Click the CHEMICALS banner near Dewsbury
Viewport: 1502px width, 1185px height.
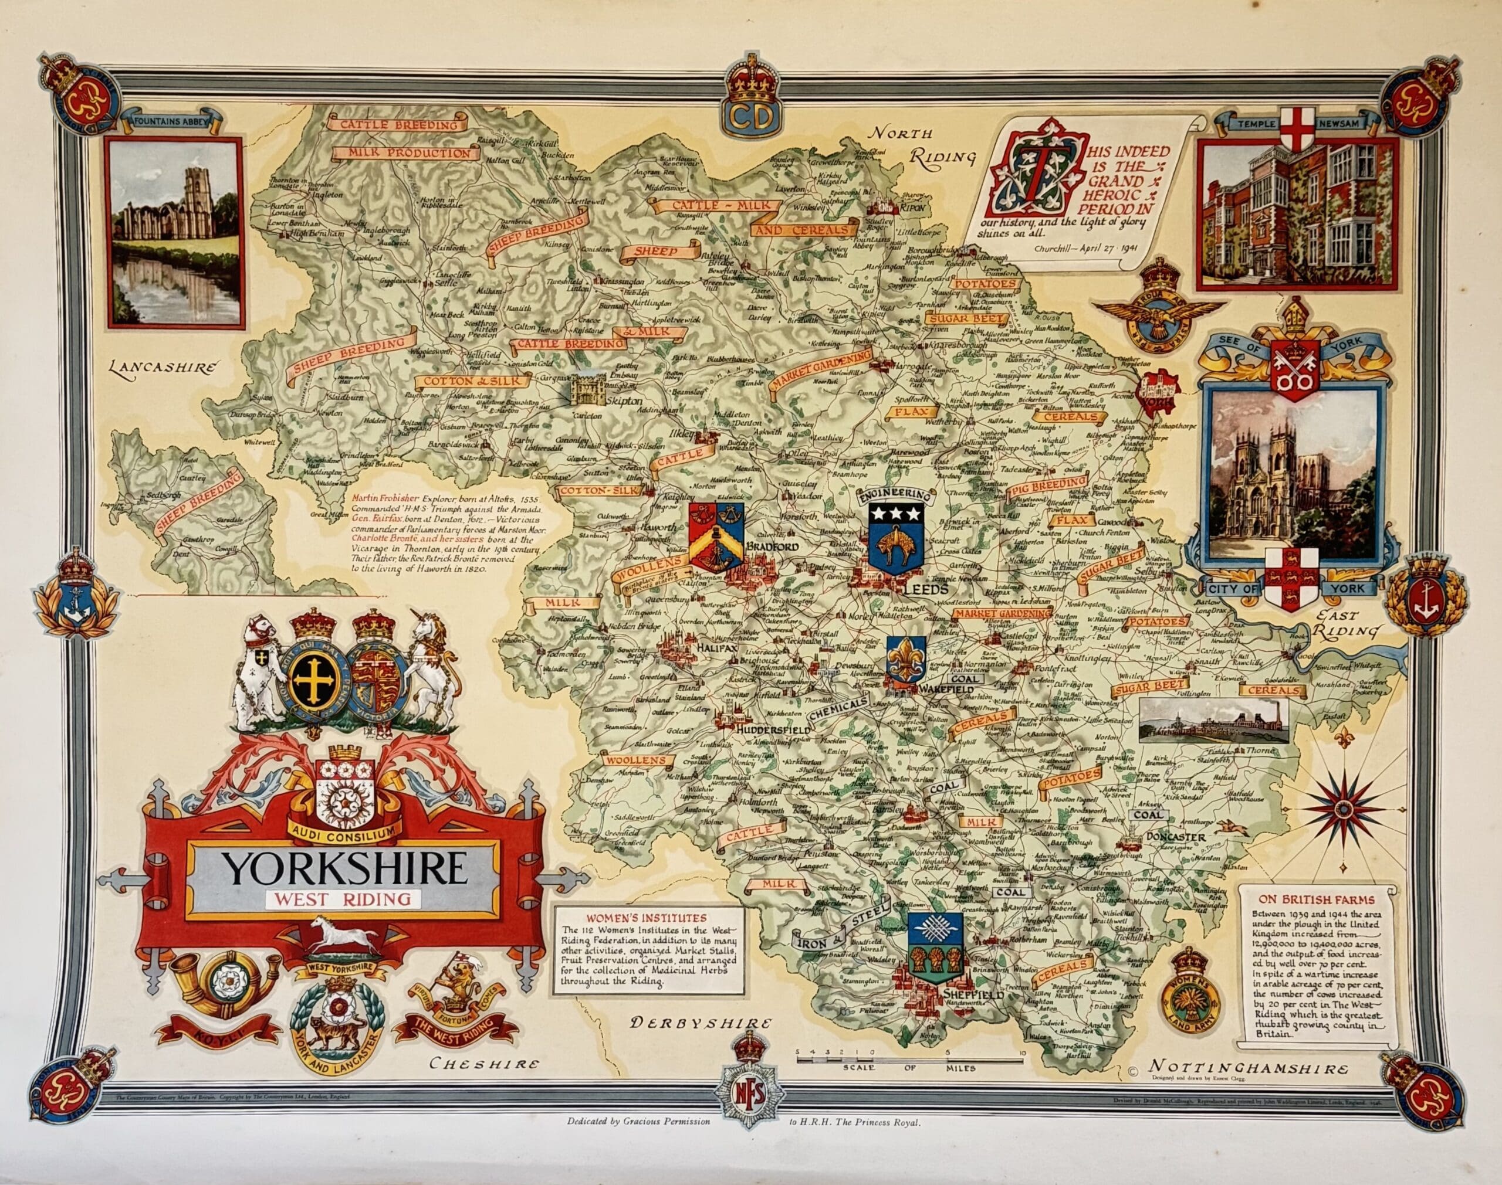click(838, 709)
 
